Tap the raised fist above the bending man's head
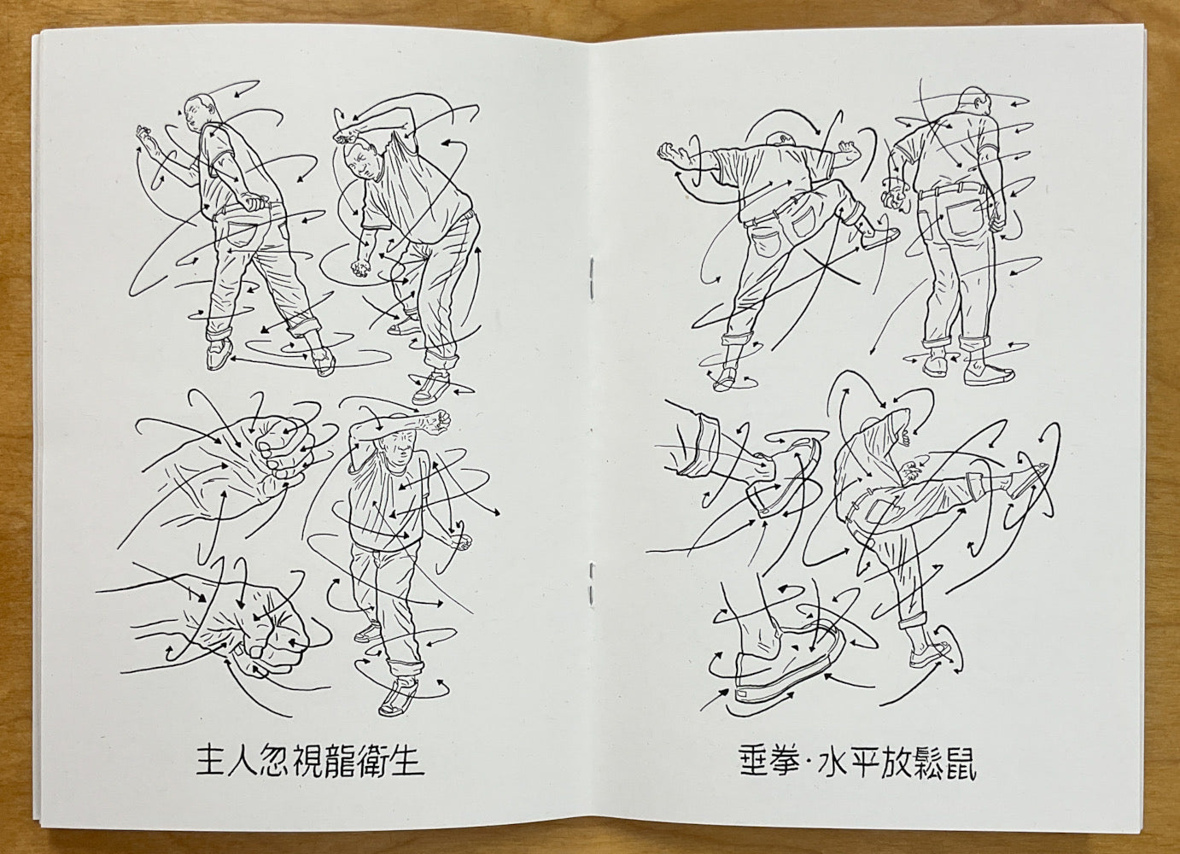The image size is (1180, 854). pyautogui.click(x=347, y=136)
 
